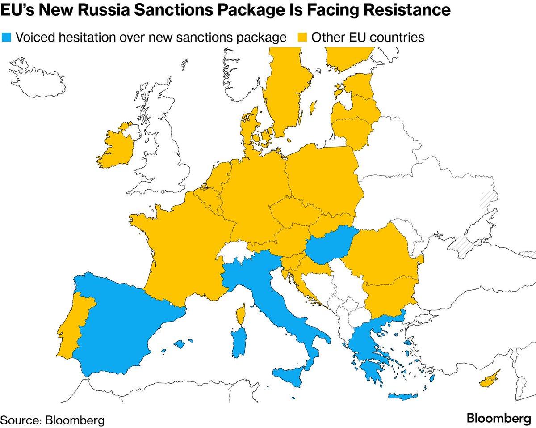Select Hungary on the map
tap(330, 246)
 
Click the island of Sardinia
tap(239, 343)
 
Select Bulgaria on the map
tap(389, 295)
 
